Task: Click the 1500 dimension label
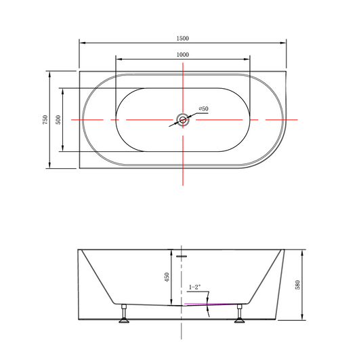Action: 183,39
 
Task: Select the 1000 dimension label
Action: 183,55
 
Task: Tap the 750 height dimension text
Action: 45,119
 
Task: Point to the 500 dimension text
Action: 58,119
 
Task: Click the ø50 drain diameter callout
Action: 203,108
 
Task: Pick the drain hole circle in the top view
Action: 183,119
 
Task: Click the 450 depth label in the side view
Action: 167,277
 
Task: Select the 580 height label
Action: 297,285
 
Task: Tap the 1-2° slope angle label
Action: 194,287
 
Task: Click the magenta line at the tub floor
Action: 213,304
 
